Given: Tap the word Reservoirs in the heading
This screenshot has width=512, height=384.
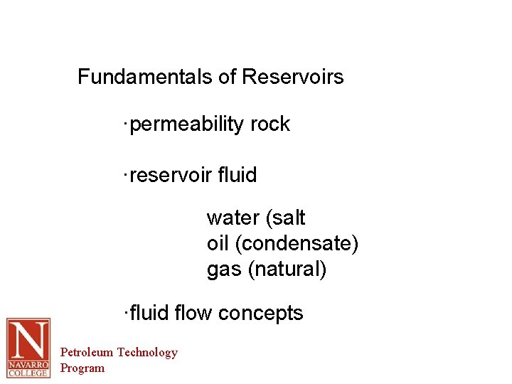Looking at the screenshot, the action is [293, 77].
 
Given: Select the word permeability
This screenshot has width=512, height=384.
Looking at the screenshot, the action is [188, 124].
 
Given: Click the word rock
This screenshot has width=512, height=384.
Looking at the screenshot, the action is [270, 124].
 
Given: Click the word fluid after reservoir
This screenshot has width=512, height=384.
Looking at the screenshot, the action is [238, 175].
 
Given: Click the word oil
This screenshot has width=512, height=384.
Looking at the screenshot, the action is [218, 244].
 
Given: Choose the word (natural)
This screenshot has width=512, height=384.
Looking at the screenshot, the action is [288, 270].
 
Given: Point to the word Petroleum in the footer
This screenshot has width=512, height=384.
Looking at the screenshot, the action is [87, 352].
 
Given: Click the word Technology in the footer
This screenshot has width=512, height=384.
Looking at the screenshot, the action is [147, 352].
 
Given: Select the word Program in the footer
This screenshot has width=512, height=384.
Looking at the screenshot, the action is [82, 368].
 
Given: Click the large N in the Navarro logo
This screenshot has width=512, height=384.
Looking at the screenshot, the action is [28, 339].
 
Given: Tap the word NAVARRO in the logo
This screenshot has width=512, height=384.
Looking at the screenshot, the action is [28, 363].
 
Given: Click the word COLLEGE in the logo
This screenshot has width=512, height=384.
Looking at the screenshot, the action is [28, 372].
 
